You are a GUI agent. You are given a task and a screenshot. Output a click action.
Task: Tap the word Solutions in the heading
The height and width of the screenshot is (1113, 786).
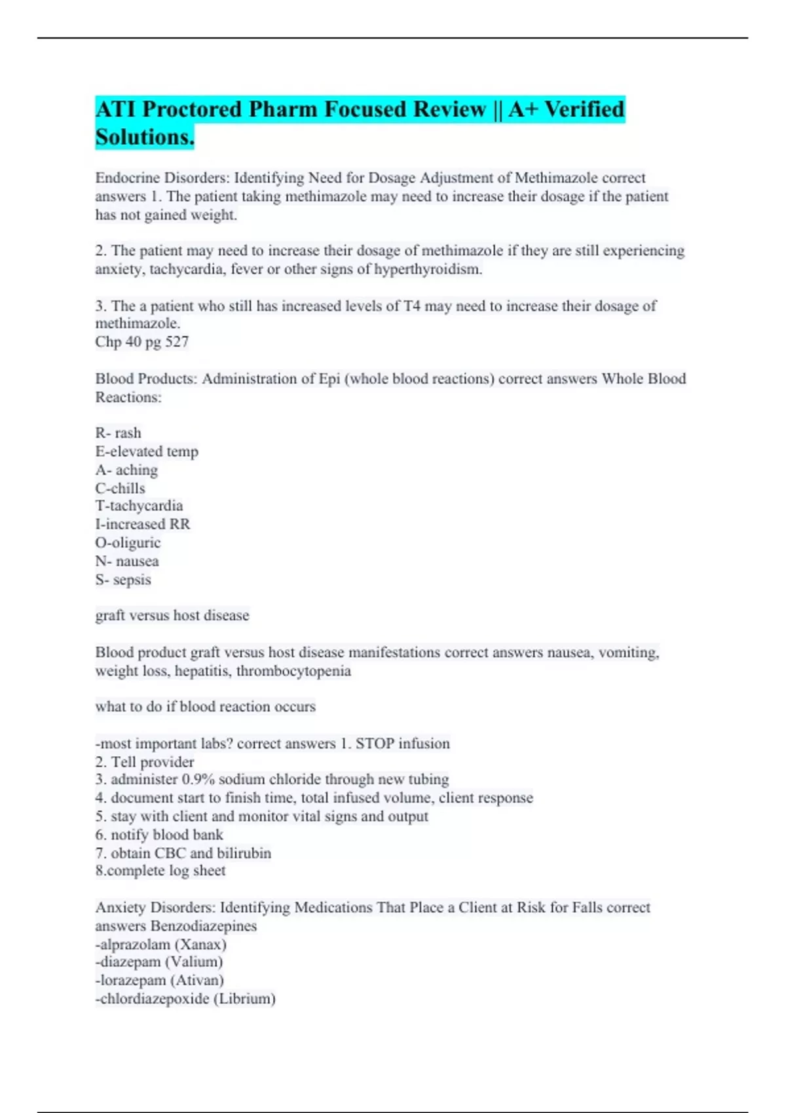tap(144, 137)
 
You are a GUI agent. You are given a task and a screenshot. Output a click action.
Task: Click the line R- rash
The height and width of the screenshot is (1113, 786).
tap(118, 433)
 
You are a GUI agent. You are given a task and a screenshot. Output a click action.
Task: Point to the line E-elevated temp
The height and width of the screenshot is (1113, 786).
tap(147, 451)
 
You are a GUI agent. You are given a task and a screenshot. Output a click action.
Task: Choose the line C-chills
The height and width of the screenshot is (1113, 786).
tap(120, 488)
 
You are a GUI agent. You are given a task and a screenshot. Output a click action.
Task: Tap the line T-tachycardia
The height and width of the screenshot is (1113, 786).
tap(139, 505)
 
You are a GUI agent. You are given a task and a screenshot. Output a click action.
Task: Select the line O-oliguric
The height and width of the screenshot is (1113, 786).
tap(128, 543)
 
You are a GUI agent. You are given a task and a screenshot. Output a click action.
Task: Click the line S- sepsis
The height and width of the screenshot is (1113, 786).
tap(123, 579)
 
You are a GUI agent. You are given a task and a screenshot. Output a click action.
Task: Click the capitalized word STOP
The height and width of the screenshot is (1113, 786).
tap(375, 744)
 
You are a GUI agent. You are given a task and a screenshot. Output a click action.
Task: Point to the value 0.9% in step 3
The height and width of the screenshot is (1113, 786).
tap(198, 779)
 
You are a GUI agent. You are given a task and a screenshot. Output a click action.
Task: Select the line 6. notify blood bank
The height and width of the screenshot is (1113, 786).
tap(159, 835)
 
